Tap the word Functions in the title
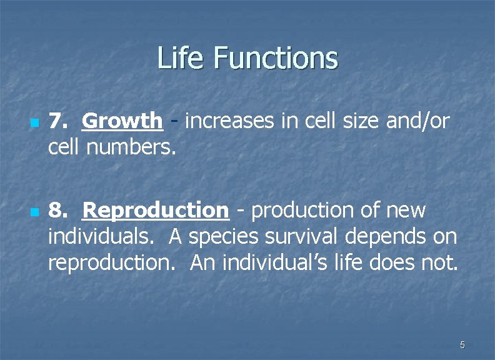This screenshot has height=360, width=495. click(x=276, y=58)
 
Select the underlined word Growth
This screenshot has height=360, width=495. click(x=122, y=121)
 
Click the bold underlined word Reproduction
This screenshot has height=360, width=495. click(x=156, y=211)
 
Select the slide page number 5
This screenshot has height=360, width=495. click(x=462, y=344)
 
